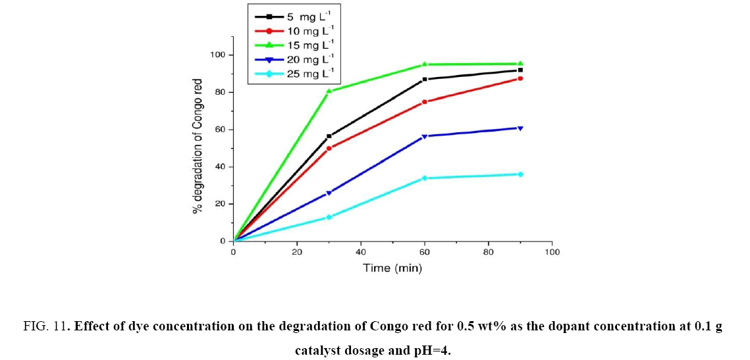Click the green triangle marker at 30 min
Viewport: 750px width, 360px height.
tap(329, 91)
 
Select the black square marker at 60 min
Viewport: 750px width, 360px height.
tap(425, 79)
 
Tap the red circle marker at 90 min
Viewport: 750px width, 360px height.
tap(520, 78)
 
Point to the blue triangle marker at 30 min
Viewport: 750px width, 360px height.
tap(329, 193)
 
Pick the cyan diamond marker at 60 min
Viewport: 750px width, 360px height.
tap(425, 178)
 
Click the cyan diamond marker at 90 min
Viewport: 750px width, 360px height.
tap(520, 174)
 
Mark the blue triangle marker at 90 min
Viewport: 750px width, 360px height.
tap(520, 128)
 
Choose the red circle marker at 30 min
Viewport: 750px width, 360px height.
tap(329, 148)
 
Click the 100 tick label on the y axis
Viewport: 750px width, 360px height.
tap(218, 55)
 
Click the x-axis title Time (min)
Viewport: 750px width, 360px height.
tap(392, 269)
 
